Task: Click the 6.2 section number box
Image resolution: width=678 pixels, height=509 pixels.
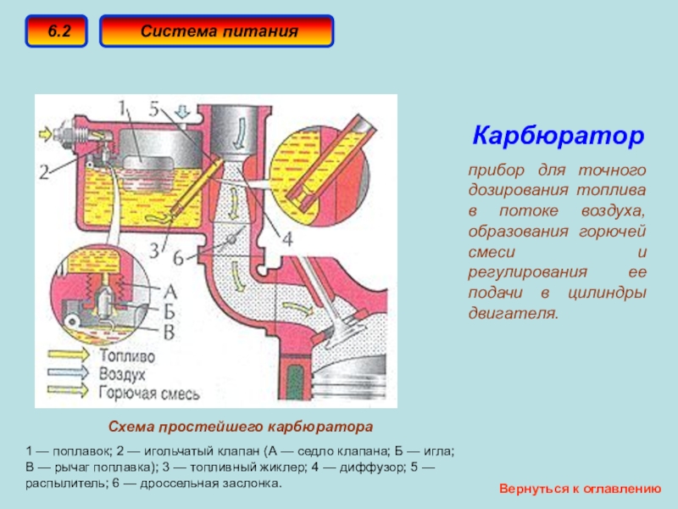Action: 56,31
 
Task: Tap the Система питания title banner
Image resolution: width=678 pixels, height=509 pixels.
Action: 217,31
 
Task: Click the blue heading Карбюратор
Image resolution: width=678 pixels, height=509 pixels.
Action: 559,136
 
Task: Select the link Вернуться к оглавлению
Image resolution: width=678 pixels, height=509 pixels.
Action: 581,489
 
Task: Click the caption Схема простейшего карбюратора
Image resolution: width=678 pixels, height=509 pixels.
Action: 241,427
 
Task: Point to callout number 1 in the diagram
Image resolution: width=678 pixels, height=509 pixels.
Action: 122,109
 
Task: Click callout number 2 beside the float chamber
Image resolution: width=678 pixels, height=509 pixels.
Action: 44,172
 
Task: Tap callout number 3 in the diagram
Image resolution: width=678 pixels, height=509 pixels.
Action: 154,250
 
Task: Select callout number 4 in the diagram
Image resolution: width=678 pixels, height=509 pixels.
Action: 287,238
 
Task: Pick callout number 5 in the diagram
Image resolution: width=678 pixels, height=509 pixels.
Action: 154,109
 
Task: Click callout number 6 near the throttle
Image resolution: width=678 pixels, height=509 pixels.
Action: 178,259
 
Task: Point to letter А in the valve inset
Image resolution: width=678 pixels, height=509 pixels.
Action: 170,292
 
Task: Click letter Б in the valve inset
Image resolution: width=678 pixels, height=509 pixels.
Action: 169,311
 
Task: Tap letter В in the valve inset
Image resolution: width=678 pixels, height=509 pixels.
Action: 169,332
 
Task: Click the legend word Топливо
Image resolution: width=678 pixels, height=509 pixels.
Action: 127,355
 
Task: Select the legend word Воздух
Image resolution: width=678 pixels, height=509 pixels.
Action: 122,374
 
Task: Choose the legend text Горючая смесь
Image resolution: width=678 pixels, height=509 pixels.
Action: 149,393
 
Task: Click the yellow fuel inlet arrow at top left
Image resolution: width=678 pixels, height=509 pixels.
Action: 46,133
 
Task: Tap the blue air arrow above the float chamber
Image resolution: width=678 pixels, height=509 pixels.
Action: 184,112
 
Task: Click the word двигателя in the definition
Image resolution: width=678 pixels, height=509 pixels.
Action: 514,313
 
